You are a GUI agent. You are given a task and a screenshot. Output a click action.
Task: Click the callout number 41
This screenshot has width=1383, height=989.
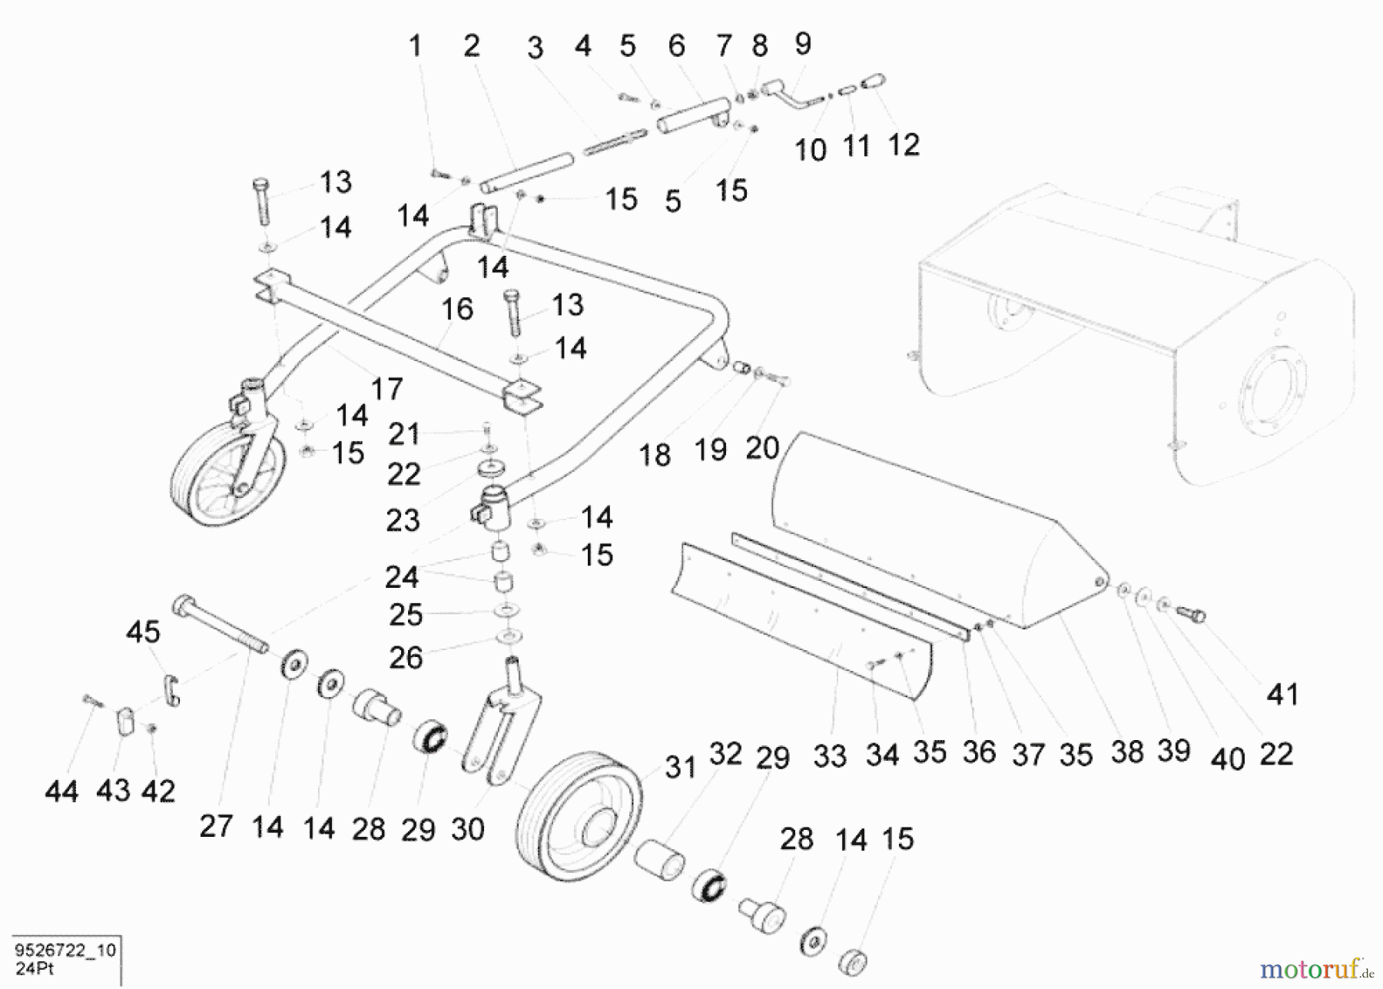(x=1282, y=695)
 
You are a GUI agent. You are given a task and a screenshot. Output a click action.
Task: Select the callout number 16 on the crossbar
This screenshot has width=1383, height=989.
(x=456, y=310)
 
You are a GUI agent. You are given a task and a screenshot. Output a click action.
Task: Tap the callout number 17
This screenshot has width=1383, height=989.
(x=386, y=389)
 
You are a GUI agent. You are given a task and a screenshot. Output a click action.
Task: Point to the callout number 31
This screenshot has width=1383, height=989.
(x=680, y=767)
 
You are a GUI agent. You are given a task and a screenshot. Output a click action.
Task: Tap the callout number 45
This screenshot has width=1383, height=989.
(x=143, y=632)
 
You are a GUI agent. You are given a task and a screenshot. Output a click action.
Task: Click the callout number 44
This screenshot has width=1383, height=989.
(x=61, y=792)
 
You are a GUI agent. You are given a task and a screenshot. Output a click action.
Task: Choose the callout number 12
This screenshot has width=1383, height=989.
(x=904, y=145)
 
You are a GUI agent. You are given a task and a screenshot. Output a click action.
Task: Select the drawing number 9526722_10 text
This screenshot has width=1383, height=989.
(x=65, y=951)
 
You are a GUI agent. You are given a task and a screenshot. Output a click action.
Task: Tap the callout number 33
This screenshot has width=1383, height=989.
(x=830, y=756)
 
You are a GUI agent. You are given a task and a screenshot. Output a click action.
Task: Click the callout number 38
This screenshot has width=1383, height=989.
(x=1126, y=752)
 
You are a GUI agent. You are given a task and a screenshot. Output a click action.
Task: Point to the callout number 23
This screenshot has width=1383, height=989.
(x=403, y=521)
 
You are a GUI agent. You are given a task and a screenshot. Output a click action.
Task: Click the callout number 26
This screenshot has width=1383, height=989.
(x=405, y=658)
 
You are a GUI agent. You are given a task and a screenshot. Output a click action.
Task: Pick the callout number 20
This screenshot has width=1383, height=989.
(x=762, y=448)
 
